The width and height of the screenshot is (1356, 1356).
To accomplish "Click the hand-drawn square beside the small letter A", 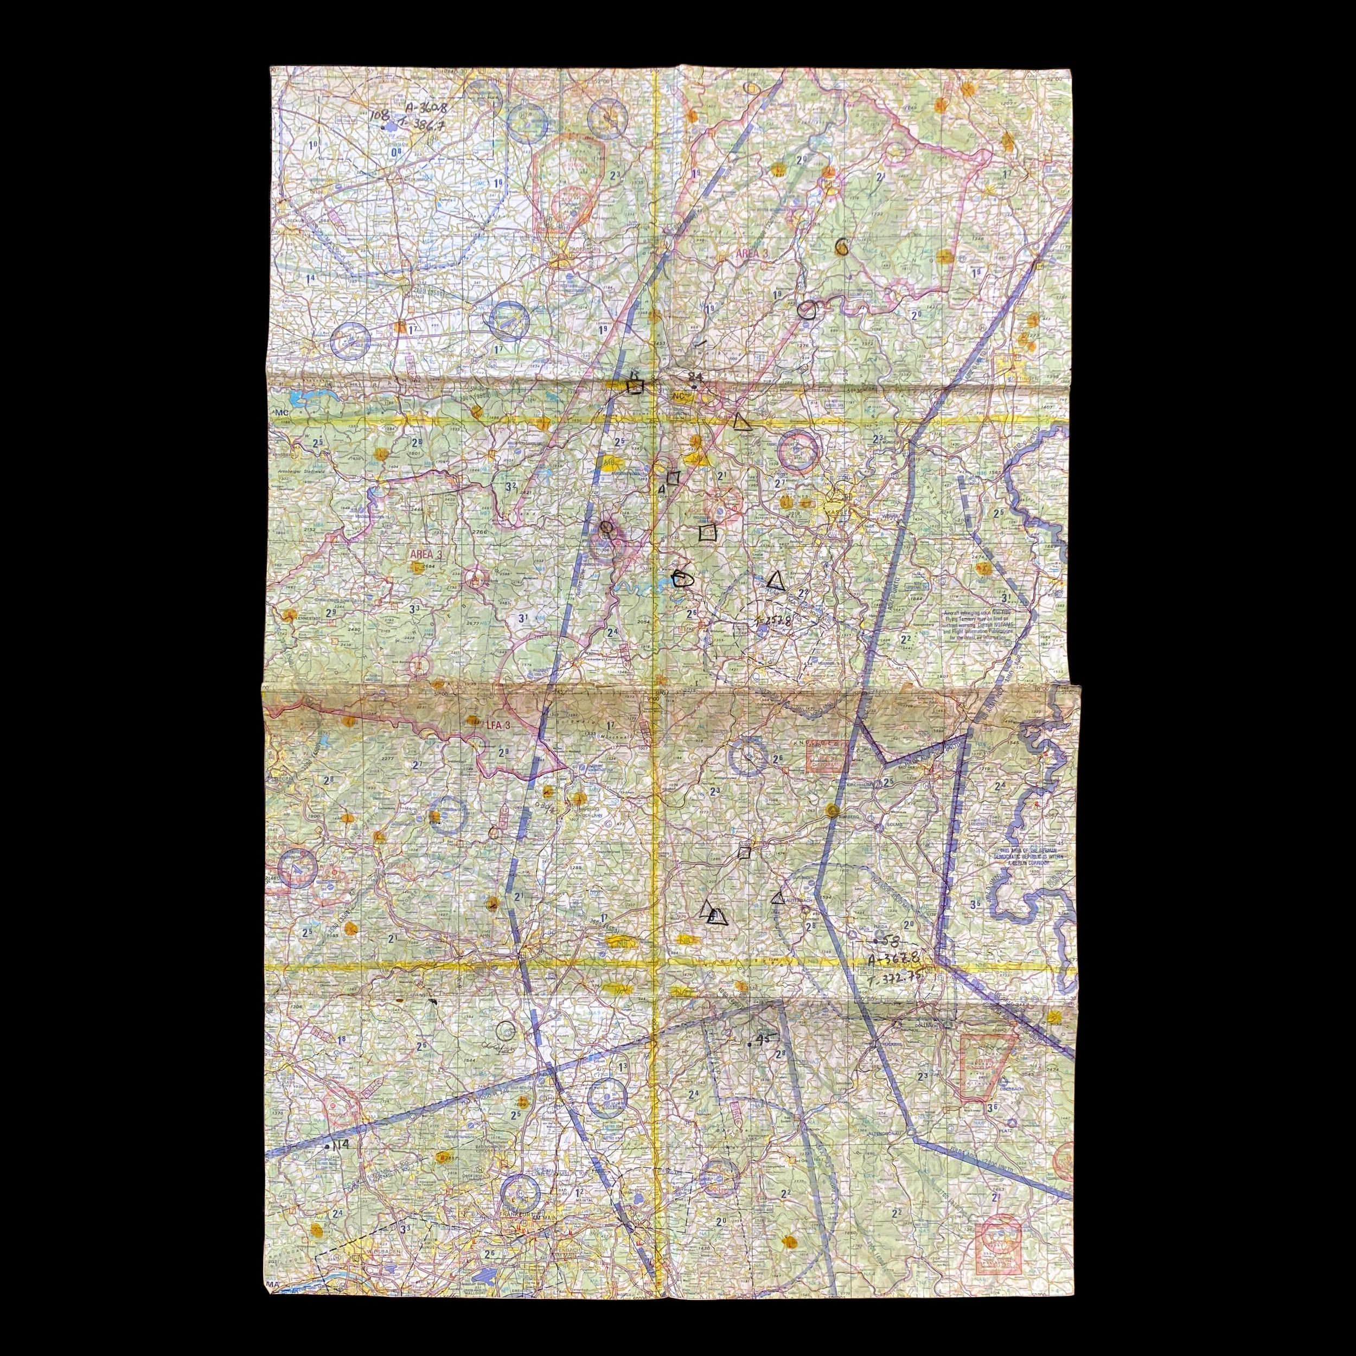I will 673,478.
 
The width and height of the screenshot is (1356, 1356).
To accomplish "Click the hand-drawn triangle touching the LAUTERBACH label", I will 777,897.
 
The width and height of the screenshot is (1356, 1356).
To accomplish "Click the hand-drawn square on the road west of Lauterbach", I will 745,852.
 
